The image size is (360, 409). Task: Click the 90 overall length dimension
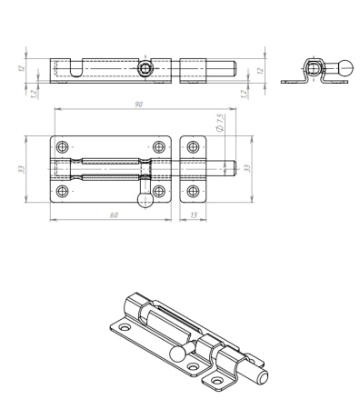(138, 105)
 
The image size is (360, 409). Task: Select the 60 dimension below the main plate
(114, 215)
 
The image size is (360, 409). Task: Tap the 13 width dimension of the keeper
(194, 215)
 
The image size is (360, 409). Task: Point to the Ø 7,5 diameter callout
(220, 123)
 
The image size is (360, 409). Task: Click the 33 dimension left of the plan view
(22, 169)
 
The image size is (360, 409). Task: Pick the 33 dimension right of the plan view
(247, 168)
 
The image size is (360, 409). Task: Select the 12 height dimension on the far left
(21, 68)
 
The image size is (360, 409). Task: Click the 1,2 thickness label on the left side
(35, 94)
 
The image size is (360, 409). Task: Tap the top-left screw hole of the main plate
(63, 147)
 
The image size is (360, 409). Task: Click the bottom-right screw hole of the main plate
(159, 191)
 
